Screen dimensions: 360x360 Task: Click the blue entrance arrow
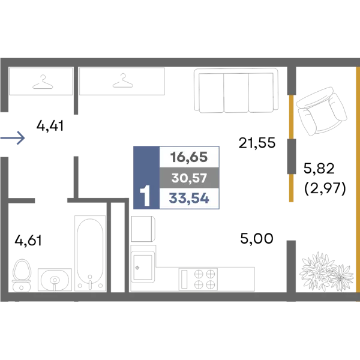click(x=13, y=138)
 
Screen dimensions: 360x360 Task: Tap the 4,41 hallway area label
click(x=50, y=126)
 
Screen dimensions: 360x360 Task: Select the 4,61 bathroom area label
click(x=28, y=241)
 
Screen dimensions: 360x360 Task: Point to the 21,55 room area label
click(x=257, y=143)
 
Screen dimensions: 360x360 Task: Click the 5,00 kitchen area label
click(x=257, y=239)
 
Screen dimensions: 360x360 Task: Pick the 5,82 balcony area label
click(x=319, y=168)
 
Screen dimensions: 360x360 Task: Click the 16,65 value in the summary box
click(x=189, y=157)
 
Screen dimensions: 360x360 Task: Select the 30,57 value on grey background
click(x=189, y=178)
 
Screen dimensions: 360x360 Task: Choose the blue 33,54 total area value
click(x=189, y=199)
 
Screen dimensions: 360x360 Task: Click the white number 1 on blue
click(x=145, y=196)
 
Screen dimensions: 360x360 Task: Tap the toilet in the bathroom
click(x=22, y=275)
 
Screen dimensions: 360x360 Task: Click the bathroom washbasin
click(x=55, y=280)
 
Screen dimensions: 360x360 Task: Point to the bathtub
click(x=90, y=253)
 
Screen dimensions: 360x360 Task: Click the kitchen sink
click(x=143, y=266)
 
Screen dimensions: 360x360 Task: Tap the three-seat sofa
click(x=236, y=91)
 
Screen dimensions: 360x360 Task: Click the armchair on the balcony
click(x=321, y=111)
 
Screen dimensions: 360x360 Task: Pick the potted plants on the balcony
click(x=326, y=272)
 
